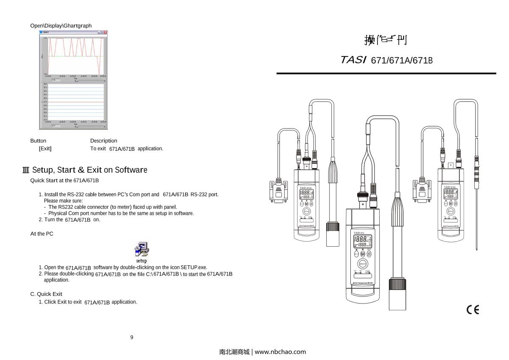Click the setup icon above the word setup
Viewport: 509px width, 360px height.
(x=141, y=249)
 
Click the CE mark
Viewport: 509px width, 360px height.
(x=473, y=310)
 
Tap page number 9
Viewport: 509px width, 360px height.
(x=131, y=337)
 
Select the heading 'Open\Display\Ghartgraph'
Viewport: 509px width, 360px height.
(x=61, y=26)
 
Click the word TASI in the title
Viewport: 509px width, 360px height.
(x=353, y=60)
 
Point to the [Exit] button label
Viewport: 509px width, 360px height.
(x=45, y=149)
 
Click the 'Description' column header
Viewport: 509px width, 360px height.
(x=103, y=141)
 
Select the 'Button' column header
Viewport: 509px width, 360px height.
(x=38, y=141)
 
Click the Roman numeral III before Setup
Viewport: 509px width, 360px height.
(x=26, y=170)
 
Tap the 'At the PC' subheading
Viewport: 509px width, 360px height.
(x=42, y=234)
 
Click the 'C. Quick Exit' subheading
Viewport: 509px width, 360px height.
(x=46, y=294)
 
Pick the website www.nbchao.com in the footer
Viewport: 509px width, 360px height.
(x=280, y=352)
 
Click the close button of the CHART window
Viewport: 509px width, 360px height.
(x=106, y=32)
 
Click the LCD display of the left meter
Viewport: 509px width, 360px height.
(x=307, y=195)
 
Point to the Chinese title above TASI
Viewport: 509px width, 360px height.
(x=386, y=40)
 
